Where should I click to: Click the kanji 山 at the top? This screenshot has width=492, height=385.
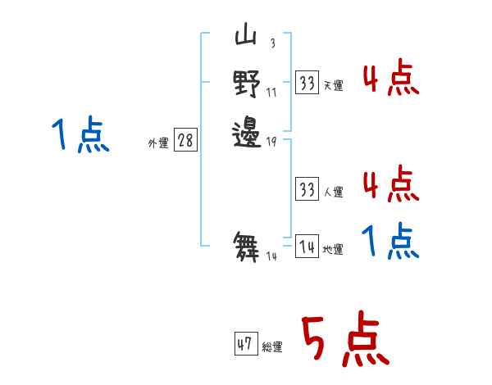pos(246,34)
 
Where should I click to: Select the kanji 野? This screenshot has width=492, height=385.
pos(247,84)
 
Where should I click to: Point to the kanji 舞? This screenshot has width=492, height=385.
pos(246,247)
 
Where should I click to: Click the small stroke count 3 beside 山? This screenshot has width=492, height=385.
pos(273,43)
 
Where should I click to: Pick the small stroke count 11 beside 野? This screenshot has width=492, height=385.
pos(271,93)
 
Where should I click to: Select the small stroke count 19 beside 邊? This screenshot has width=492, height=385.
pos(271,142)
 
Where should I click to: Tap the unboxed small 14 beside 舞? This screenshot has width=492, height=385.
pos(271,256)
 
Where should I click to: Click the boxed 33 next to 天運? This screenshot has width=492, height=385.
pos(307,83)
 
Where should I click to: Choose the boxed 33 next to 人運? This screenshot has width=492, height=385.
pos(307,188)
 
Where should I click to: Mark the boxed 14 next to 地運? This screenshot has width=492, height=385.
pos(307,246)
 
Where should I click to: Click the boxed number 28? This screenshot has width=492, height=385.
pos(186,140)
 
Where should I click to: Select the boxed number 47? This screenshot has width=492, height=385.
pos(246,343)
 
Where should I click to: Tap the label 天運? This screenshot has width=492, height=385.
pos(334,85)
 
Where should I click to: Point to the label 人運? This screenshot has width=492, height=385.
pos(334,192)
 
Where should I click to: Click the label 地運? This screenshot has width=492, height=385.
pos(333,250)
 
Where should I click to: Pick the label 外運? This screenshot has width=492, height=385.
pos(158,143)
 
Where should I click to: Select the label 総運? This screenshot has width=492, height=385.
pos(272,346)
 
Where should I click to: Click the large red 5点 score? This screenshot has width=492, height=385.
pos(345,338)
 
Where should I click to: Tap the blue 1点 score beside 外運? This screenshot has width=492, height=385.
pos(80,134)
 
